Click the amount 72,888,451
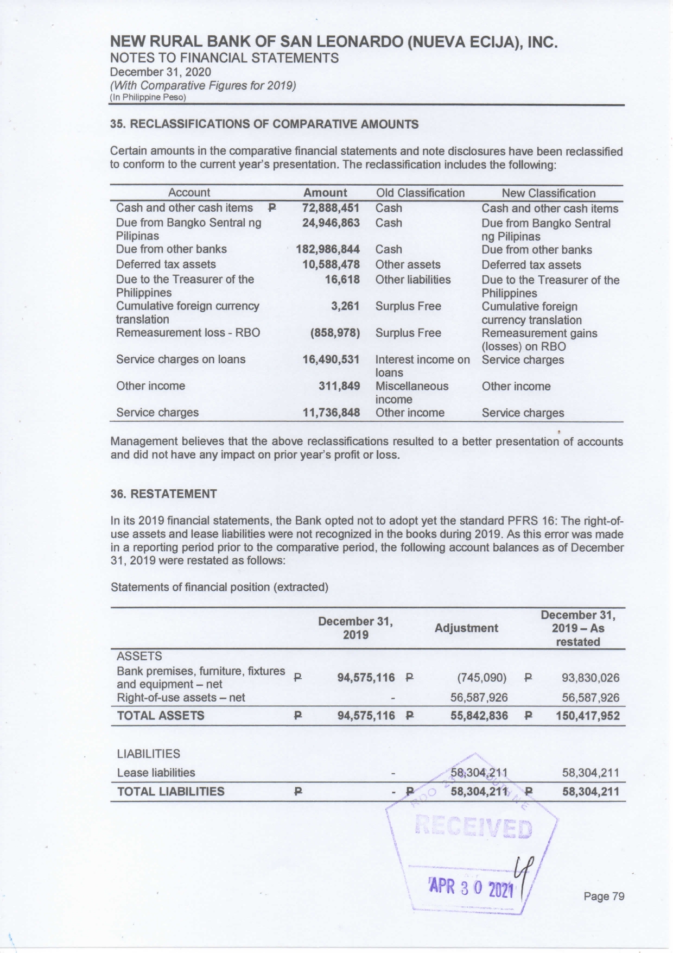331,208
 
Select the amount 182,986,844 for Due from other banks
328,249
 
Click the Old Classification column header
420,193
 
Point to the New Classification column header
548,193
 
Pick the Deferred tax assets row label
166,264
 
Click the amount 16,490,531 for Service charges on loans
331,359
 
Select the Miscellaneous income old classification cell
412,393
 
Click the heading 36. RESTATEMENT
163,494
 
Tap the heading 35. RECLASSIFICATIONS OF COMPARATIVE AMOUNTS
264,124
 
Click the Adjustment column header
466,628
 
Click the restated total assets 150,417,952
587,716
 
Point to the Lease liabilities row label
156,773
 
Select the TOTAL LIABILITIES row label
170,791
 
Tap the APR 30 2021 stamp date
471,888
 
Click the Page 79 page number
604,896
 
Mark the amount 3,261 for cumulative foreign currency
345,306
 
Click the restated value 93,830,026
590,678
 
